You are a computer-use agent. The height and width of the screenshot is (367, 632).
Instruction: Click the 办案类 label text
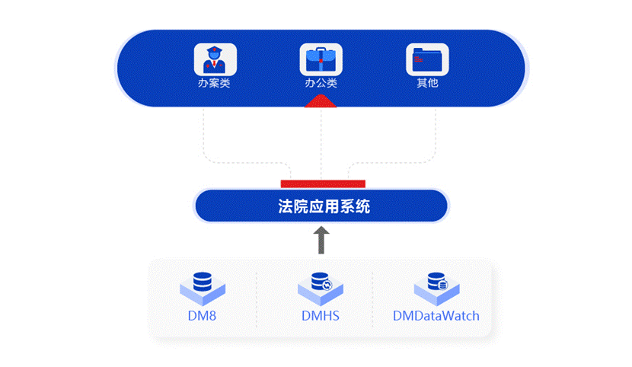[214, 83]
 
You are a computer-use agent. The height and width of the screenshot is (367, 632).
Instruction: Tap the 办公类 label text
[321, 83]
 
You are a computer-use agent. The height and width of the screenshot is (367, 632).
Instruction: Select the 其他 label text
[427, 83]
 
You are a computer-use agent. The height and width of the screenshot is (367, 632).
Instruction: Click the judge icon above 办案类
[215, 59]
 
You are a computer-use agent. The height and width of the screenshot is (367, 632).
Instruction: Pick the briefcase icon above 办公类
[321, 59]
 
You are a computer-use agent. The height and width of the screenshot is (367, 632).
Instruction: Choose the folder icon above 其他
[427, 59]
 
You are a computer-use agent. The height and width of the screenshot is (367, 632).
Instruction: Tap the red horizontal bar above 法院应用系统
[323, 183]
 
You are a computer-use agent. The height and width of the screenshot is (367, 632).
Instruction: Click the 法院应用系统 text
[324, 206]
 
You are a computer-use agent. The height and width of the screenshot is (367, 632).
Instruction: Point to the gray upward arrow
[321, 239]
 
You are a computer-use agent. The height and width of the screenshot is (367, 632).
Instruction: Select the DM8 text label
[203, 315]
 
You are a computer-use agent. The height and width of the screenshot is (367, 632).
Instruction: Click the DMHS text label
[320, 315]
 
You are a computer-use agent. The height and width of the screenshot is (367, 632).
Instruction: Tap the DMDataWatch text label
[436, 315]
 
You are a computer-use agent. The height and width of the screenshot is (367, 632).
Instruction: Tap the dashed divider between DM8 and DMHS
[256, 298]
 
